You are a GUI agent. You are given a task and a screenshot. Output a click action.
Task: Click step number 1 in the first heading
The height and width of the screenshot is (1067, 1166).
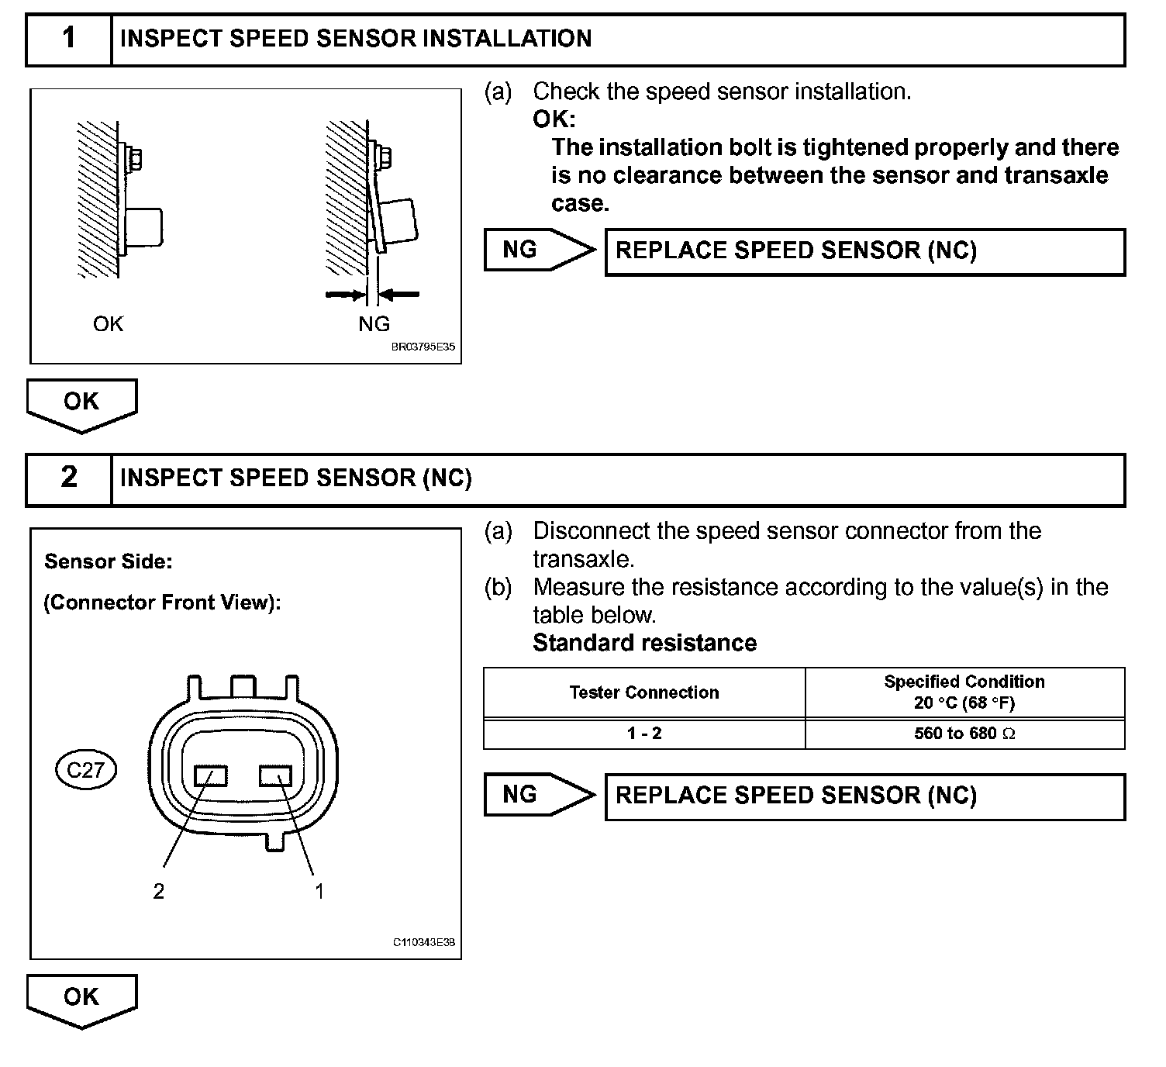pos(69,38)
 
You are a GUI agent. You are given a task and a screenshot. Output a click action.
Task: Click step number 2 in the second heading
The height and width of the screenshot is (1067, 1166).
pos(69,478)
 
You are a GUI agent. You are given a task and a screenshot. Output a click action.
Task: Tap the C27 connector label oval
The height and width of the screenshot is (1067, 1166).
pos(85,770)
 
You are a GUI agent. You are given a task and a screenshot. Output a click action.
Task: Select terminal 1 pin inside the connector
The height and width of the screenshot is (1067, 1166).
pos(275,775)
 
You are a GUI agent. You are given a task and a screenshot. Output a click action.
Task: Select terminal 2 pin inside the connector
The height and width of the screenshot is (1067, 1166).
pos(210,775)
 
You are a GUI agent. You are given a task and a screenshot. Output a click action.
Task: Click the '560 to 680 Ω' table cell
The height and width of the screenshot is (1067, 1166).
pos(964,734)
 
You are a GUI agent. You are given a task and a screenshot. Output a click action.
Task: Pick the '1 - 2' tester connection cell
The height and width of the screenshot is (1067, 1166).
pos(644,734)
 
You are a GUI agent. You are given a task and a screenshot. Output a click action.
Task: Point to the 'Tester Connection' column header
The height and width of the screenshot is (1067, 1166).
pos(644,692)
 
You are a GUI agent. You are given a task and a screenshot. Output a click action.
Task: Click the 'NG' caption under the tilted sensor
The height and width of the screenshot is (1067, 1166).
pos(374,324)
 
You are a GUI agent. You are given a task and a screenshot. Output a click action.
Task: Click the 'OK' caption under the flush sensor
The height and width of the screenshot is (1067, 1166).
pos(108,324)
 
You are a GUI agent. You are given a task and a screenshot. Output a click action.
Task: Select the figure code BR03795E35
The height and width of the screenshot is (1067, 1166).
pos(423,347)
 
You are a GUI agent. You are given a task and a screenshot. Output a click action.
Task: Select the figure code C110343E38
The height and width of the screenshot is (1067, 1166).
pos(423,943)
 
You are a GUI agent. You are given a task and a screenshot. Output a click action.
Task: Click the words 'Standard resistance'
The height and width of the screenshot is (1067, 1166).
pos(644,643)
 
